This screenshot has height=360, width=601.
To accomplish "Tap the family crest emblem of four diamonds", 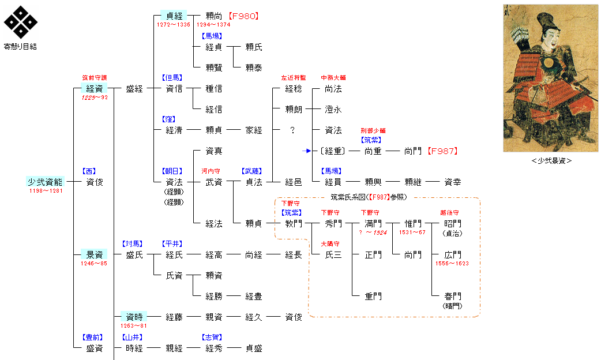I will [x=21, y=21].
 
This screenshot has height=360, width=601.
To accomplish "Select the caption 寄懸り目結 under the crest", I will [x=21, y=47].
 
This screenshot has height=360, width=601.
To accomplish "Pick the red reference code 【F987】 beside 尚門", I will [x=442, y=151].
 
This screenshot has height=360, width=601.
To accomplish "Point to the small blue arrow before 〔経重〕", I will [x=307, y=151].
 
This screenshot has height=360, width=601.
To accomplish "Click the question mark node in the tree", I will [x=293, y=130].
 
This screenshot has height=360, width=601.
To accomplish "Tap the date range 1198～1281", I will [x=46, y=191].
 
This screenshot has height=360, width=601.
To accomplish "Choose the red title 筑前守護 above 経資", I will [x=94, y=78].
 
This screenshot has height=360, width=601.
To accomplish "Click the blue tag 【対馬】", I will [x=134, y=243].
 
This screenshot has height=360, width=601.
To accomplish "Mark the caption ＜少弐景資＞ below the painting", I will [x=551, y=161].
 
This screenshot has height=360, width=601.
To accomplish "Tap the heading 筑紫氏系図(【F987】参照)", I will [x=369, y=197].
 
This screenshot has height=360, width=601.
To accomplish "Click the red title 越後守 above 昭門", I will [x=449, y=212].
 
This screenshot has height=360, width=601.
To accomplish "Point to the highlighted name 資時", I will [x=134, y=317].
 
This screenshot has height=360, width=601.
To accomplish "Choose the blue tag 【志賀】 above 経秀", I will [x=213, y=337].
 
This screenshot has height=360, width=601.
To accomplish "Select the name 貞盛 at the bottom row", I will [x=253, y=348].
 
